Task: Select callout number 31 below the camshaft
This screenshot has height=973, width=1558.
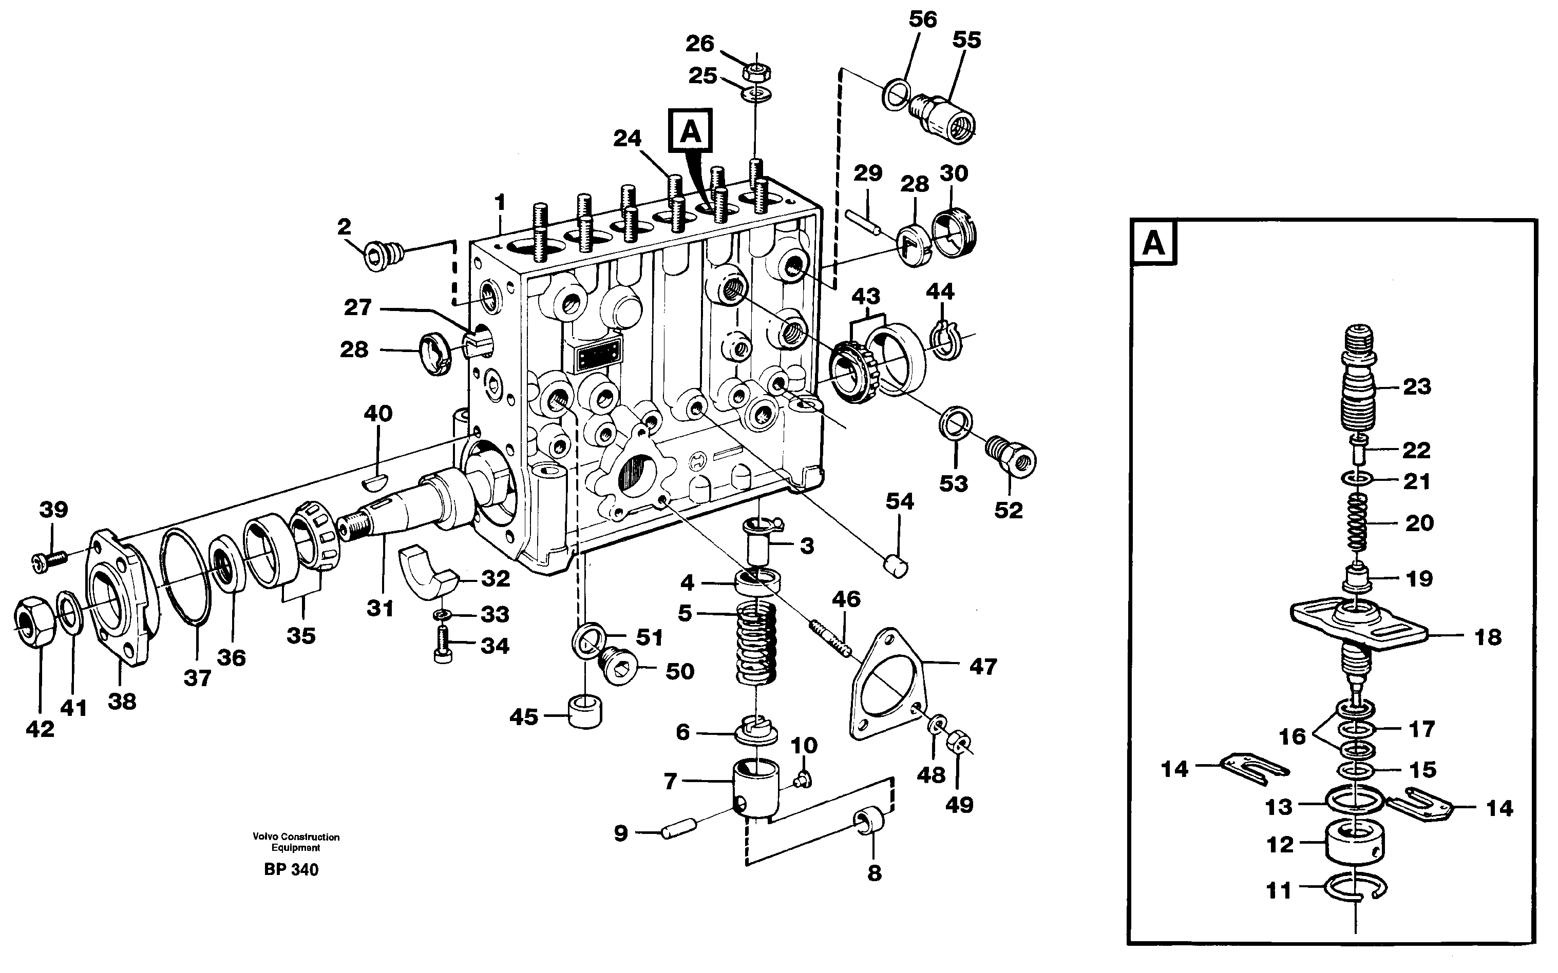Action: click(x=380, y=608)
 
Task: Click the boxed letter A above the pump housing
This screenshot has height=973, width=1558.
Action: click(x=690, y=132)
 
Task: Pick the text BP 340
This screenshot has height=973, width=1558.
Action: click(x=291, y=870)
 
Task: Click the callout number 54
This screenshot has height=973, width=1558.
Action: click(x=899, y=501)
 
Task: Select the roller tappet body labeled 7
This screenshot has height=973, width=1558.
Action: click(x=756, y=788)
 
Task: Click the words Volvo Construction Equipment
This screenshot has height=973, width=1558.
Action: click(x=296, y=842)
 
